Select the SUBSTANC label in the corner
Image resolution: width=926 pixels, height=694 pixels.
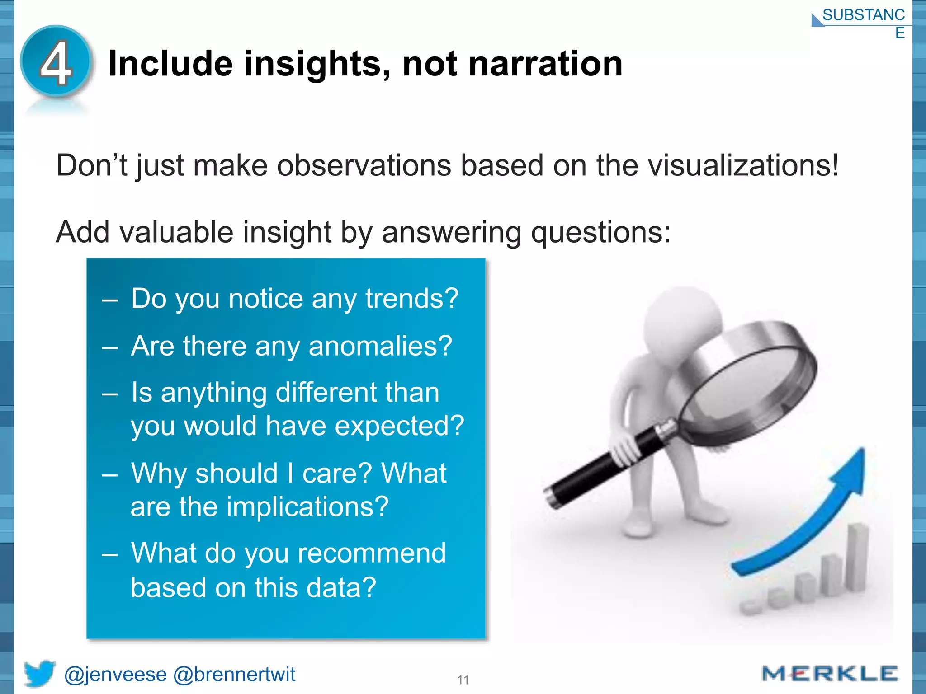[863, 15]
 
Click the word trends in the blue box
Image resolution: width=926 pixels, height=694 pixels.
[411, 299]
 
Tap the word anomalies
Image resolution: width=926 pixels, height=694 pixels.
[380, 346]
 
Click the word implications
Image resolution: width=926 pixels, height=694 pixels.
[307, 506]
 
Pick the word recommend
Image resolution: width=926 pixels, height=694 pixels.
[371, 553]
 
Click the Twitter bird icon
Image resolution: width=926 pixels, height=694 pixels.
[39, 673]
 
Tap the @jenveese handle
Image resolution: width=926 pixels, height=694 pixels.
[115, 675]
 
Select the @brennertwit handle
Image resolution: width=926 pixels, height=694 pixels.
[234, 675]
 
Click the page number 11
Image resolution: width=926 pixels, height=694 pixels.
[463, 680]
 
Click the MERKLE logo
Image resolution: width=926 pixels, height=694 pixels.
[830, 674]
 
